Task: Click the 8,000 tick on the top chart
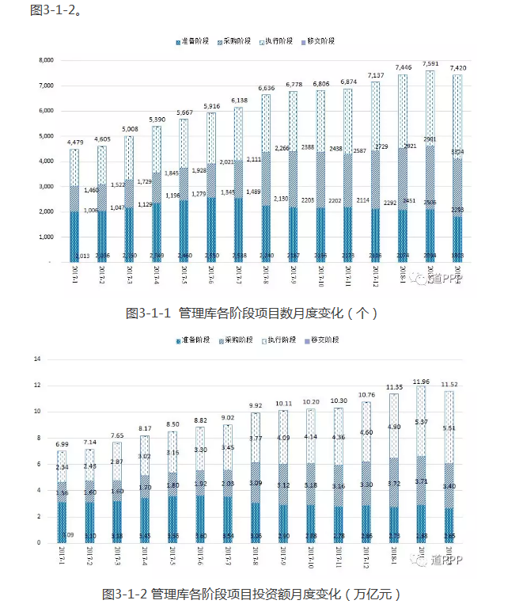[46, 60]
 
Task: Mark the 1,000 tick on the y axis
[46, 237]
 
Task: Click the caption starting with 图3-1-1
[252, 313]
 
